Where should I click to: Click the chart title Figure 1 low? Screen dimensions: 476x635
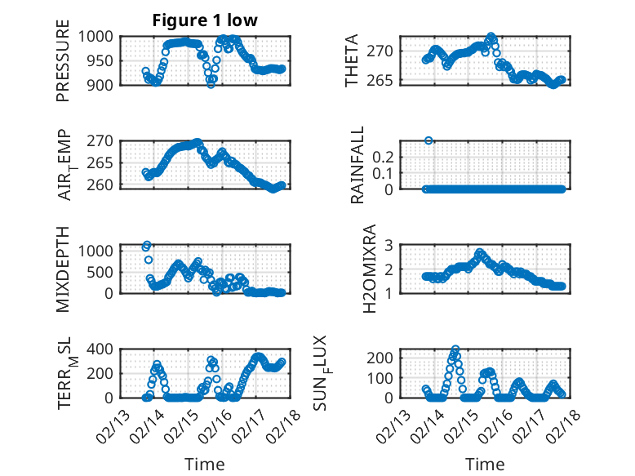[x=205, y=21]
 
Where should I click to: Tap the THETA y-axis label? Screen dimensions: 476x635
[x=352, y=62]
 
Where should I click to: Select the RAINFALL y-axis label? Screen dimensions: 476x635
[x=358, y=165]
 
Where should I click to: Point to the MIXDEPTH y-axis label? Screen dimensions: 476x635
[x=64, y=269]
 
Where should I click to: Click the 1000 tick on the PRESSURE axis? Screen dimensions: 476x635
[x=100, y=37]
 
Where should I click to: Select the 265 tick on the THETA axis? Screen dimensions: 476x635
[x=384, y=80]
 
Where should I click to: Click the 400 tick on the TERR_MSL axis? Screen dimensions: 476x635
[x=104, y=349]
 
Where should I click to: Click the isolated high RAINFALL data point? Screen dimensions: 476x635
[x=429, y=140]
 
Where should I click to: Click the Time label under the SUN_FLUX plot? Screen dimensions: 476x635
[x=485, y=465]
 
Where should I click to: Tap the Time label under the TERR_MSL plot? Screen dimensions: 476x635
[x=205, y=465]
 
